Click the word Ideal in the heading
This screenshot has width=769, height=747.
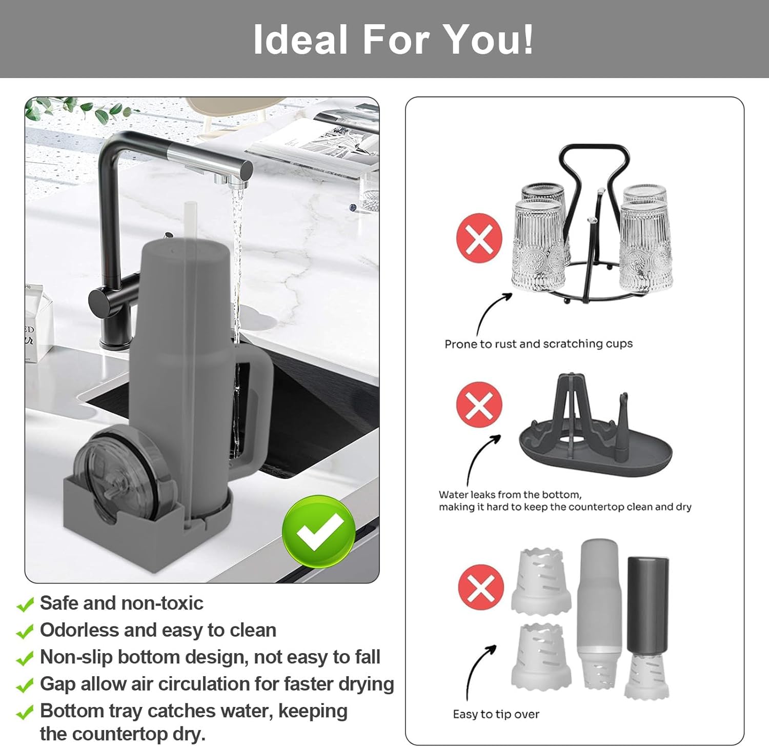click(x=301, y=39)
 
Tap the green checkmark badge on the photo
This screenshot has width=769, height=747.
click(x=319, y=531)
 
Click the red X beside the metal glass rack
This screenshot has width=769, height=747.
click(x=479, y=238)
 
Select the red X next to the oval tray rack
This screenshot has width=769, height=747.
click(x=479, y=403)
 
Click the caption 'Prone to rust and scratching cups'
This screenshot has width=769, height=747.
click(x=538, y=344)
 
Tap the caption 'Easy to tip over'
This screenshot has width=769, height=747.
click(x=496, y=714)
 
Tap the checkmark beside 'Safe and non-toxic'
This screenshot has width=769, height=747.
click(x=25, y=605)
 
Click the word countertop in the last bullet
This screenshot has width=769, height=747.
click(x=124, y=735)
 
